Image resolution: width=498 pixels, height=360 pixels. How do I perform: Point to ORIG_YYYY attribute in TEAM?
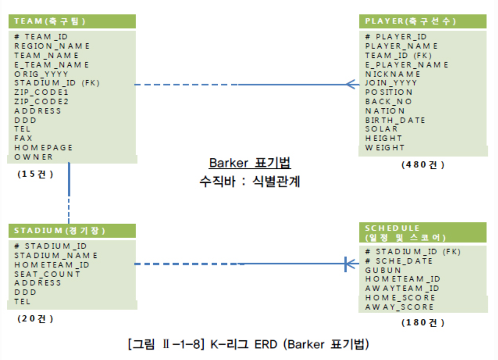tap(41, 74)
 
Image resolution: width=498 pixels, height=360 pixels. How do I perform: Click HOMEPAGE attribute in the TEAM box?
tap(43, 147)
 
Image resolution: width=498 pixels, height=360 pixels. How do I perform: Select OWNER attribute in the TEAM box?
tap(34, 157)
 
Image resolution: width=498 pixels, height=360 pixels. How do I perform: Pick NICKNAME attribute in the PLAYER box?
tap(393, 74)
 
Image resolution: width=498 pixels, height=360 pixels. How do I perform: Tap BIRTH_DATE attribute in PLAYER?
tap(395, 120)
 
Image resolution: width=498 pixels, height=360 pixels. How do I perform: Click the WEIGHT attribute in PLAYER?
tap(384, 147)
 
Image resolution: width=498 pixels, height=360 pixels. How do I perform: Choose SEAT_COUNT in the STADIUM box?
tap(47, 274)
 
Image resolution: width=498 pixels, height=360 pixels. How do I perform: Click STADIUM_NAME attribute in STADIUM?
tap(56, 255)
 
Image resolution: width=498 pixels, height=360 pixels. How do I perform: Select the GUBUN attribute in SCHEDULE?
tap(383, 270)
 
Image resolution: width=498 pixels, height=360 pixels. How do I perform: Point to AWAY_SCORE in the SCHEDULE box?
tap(399, 307)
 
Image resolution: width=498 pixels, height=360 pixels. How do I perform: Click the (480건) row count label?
tap(422, 165)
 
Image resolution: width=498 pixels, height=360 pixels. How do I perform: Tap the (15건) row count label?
tap(35, 174)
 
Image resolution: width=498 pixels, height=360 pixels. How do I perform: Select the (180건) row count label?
tap(422, 322)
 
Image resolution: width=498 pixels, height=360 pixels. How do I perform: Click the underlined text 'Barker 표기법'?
tap(250, 163)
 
